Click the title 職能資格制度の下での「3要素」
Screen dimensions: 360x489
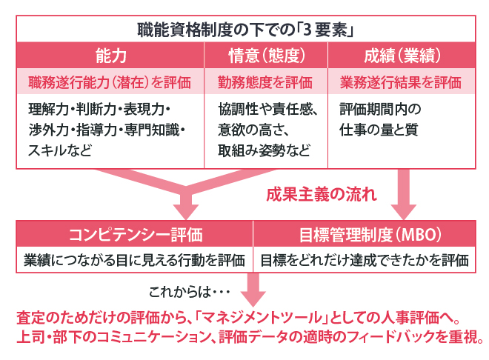click(x=244, y=30)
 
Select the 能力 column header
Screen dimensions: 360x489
click(x=110, y=56)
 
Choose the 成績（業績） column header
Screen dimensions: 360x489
click(x=401, y=56)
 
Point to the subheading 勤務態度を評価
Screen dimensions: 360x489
click(x=265, y=81)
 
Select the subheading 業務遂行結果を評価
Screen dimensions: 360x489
click(x=401, y=81)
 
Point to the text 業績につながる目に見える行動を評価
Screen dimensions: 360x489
click(x=135, y=260)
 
